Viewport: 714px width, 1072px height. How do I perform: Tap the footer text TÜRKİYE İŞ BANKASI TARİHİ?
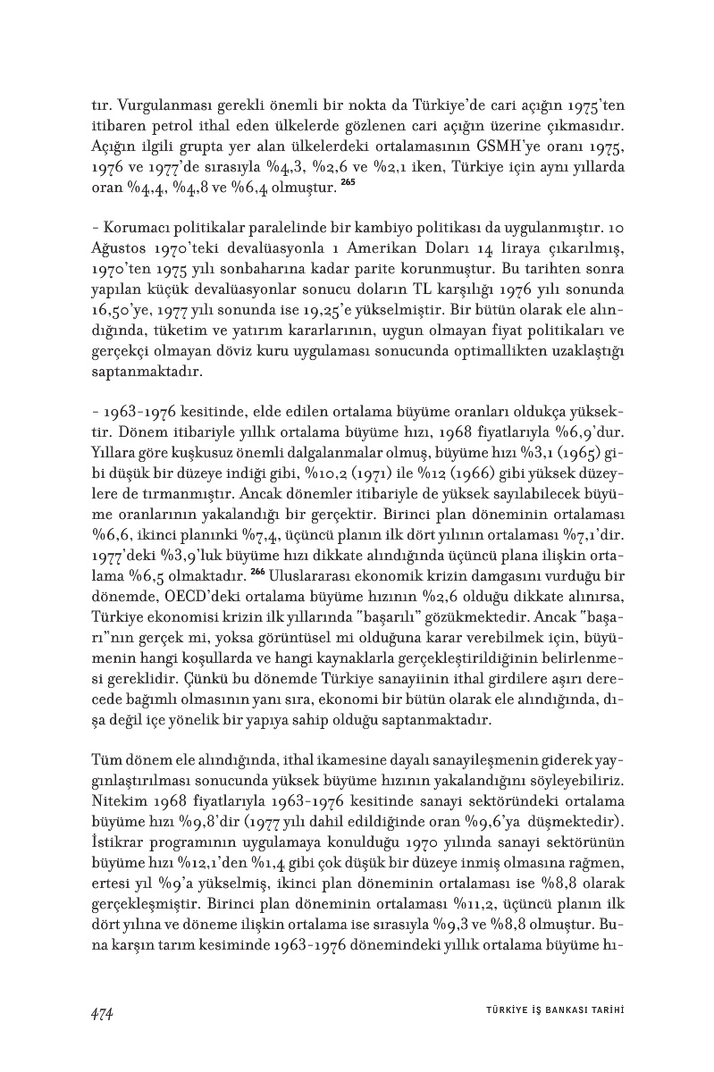(549, 1012)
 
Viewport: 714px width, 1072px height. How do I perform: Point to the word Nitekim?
(119, 783)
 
